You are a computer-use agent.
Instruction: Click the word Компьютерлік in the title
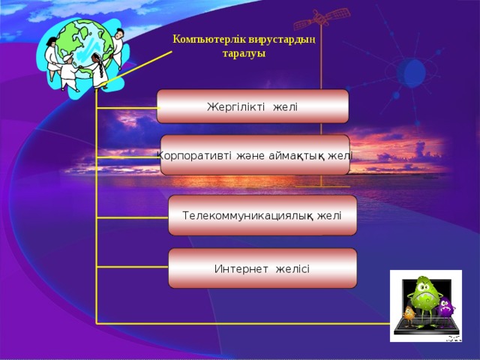(205, 39)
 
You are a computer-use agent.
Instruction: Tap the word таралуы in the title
(244, 54)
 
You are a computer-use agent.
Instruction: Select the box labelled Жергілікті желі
(253, 106)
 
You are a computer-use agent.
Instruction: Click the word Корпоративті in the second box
(193, 155)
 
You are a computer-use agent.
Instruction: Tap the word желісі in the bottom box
(292, 269)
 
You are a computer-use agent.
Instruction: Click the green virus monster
(424, 296)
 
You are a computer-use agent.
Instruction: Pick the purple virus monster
(445, 306)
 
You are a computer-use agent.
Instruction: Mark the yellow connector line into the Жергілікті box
(127, 108)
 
